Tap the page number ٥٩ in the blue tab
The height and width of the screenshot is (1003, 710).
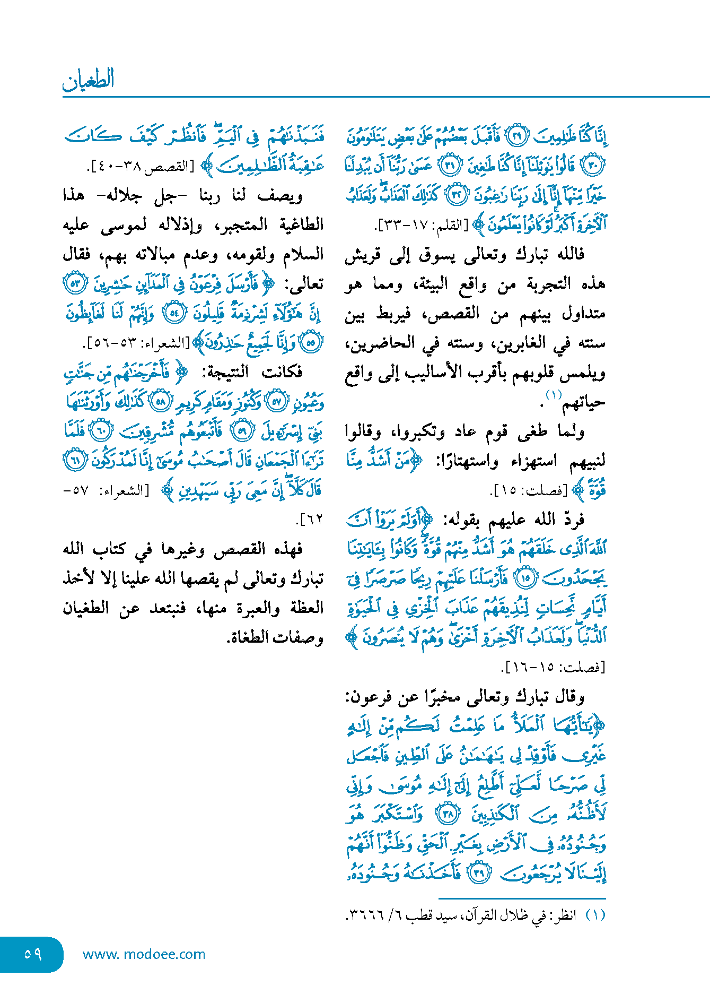[x=32, y=954]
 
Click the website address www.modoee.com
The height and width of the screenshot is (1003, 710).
[x=144, y=954]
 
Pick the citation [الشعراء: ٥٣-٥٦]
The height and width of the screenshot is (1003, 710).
[x=137, y=343]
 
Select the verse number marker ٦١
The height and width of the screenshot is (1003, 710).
[x=75, y=460]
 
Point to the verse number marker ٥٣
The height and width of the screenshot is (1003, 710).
[x=75, y=283]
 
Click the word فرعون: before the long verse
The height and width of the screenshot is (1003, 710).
[x=366, y=696]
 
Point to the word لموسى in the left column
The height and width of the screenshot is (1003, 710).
[x=124, y=226]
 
